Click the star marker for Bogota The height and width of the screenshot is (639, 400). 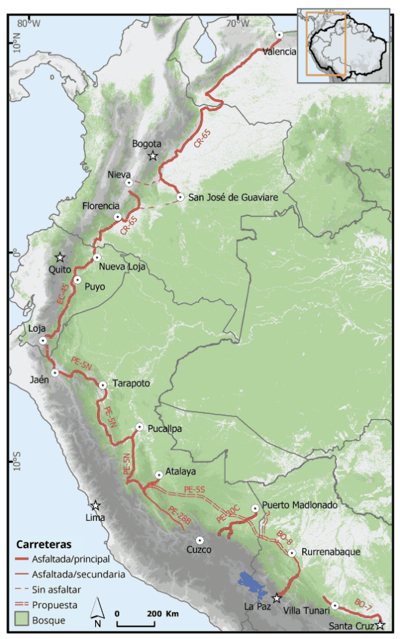pos(153,156)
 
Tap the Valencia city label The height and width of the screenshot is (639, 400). pos(279,51)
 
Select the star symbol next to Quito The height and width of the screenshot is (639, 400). pos(60,257)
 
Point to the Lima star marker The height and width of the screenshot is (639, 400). pos(96,506)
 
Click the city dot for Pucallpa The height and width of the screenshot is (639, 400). pos(139,428)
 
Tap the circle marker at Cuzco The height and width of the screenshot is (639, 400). pos(200,539)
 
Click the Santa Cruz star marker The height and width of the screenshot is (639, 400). pos(380,625)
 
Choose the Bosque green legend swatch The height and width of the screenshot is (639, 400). pos(24,619)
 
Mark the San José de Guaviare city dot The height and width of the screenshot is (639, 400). pos(180,197)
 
